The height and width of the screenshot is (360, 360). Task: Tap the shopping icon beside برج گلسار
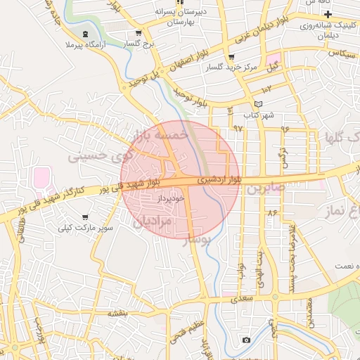point(138,32)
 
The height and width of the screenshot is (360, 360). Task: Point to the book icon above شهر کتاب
point(258,104)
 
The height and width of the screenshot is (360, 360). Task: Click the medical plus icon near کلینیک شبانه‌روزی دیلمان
point(328,15)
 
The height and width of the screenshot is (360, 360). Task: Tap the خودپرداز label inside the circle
point(172,199)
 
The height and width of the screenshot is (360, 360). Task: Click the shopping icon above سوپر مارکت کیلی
point(85,217)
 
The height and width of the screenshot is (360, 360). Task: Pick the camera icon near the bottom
point(245,340)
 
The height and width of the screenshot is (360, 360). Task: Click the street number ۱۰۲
point(266,89)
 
